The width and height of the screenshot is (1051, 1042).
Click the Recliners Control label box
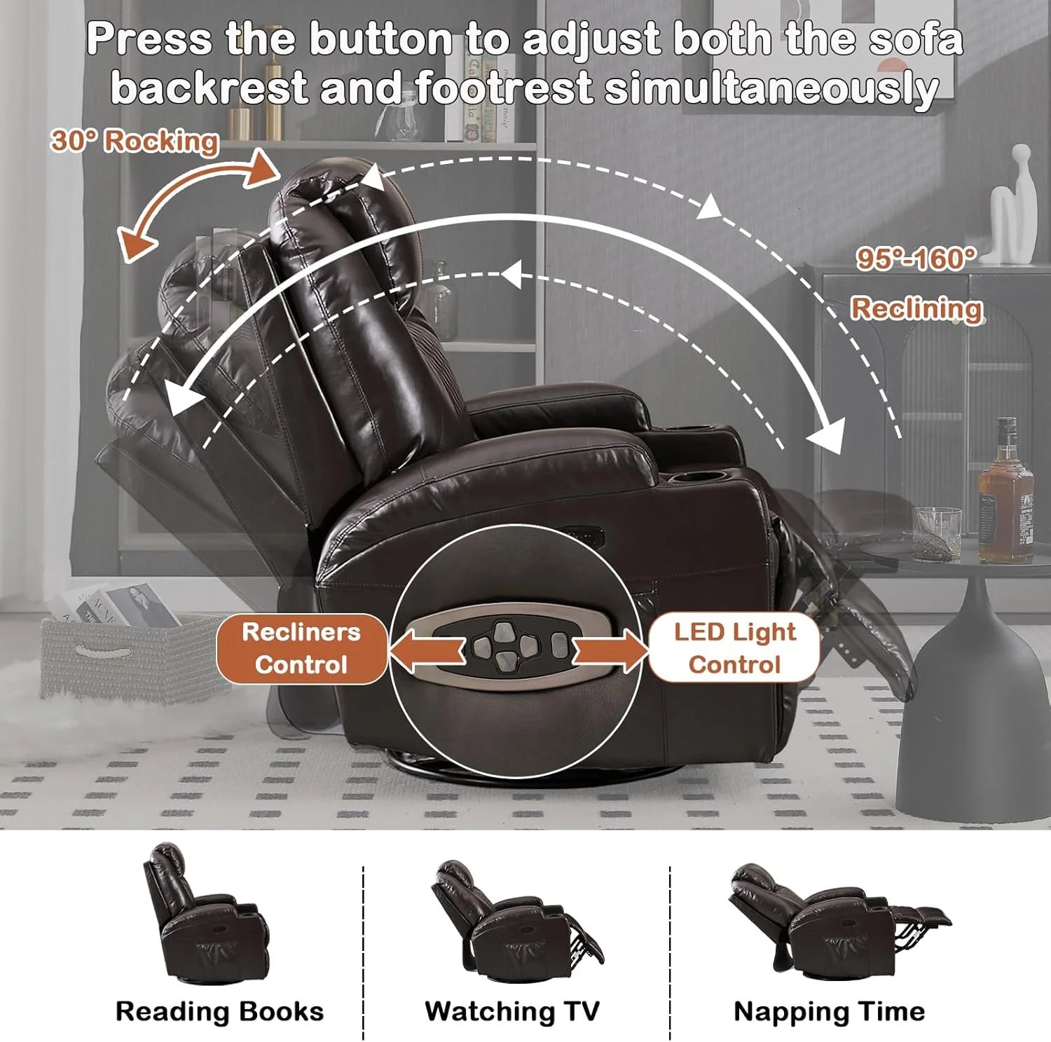301,648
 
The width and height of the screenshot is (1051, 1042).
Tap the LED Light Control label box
734,648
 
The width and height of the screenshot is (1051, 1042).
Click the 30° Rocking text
134,141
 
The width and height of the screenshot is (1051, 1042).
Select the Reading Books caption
219,1011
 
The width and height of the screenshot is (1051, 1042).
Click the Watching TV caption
512,1011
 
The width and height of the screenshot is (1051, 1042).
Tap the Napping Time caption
829,1011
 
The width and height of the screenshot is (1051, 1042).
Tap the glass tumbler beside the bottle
937,533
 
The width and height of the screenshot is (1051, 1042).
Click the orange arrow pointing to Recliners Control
426,649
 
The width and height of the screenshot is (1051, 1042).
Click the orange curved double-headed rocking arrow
196,203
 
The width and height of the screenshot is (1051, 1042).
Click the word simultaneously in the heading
771,88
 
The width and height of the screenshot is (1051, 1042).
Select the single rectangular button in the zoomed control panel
558,645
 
